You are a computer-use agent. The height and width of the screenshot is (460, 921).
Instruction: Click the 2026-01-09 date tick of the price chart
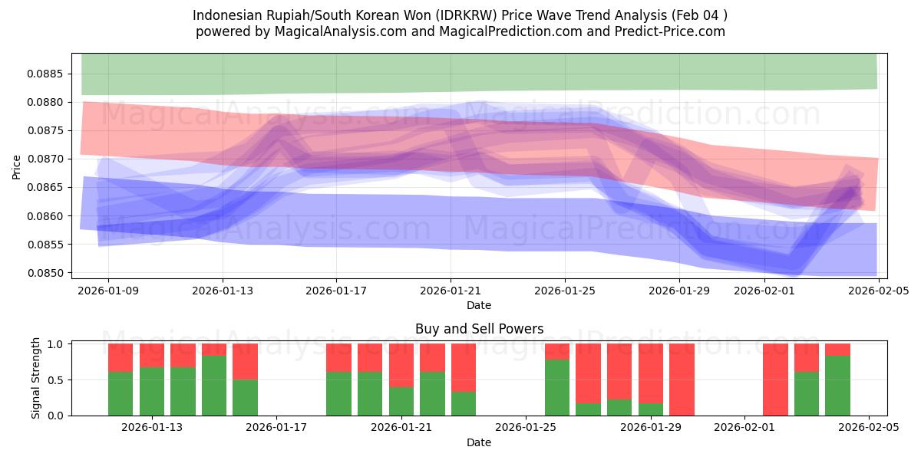coord(108,291)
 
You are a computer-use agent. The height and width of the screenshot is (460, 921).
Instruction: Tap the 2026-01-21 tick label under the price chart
coord(451,291)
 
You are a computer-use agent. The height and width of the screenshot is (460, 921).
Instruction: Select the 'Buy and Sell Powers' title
coord(479,329)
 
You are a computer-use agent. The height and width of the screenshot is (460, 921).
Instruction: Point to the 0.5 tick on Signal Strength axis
coord(55,380)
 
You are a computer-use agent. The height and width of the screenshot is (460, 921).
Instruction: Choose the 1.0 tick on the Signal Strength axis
coord(55,344)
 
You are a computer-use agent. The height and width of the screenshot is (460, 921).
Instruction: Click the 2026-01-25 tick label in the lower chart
coord(526,428)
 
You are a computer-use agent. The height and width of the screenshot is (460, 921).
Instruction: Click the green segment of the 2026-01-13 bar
coord(152,391)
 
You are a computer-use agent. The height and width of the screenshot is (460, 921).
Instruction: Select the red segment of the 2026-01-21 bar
coord(401,365)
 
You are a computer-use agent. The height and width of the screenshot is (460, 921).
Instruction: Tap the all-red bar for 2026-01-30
coord(682,379)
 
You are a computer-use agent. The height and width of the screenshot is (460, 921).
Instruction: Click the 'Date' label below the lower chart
coord(479,442)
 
